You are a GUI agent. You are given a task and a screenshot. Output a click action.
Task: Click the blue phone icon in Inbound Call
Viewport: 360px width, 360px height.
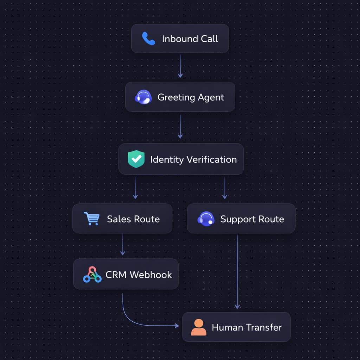coord(148,39)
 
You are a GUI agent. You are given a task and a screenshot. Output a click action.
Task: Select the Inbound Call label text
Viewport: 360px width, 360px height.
coord(190,39)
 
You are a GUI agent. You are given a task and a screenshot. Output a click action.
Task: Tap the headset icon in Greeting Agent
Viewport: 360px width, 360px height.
coord(143,97)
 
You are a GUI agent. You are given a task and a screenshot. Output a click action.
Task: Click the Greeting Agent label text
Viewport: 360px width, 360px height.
coord(191,97)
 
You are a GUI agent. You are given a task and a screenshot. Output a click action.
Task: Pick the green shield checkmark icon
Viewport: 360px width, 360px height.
coord(136,159)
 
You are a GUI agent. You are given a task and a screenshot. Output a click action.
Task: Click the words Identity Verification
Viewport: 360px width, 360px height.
coord(193,159)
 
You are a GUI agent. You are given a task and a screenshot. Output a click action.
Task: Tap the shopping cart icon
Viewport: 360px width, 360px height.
coord(91,219)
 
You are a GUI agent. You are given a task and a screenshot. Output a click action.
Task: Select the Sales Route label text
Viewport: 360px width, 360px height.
coord(133,219)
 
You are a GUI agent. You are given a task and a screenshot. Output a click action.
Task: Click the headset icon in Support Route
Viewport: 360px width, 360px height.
coord(206,219)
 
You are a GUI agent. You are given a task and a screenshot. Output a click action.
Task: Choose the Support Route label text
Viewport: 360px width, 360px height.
coord(252,219)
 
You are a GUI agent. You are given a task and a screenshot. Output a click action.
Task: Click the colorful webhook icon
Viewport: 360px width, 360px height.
coord(92,275)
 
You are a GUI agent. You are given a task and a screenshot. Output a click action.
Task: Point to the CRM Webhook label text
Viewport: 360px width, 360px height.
coord(139,275)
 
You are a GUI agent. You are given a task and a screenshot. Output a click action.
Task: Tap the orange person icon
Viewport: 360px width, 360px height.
coord(199,327)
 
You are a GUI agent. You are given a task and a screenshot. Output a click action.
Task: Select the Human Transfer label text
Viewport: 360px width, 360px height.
coord(247,327)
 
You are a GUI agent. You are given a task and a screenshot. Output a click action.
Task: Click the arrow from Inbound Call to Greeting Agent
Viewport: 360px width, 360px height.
coord(180,66)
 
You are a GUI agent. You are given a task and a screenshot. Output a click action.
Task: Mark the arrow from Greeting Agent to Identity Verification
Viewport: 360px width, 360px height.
coord(180,127)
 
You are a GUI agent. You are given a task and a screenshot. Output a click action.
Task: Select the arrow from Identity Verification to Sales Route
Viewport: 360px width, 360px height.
coord(135,188)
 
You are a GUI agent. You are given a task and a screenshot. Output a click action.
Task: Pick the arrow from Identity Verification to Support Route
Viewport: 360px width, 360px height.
coord(225,188)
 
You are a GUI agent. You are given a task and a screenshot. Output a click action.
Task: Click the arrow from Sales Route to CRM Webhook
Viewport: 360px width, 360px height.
coord(122,244)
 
